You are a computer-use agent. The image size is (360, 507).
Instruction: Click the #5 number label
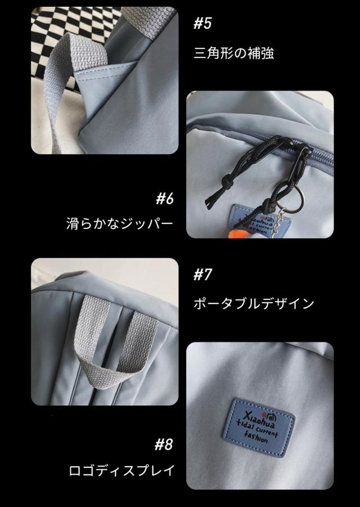202,24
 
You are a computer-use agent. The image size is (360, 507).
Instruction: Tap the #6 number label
165,199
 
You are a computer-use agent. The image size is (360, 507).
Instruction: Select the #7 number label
202,275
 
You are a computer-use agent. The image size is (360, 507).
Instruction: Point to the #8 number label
164,445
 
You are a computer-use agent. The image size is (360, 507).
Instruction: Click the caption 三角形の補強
233,53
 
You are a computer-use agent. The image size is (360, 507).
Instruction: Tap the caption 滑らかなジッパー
120,223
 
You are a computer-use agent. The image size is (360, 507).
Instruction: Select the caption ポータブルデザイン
254,304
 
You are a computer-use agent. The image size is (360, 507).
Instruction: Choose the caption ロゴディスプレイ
122,470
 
